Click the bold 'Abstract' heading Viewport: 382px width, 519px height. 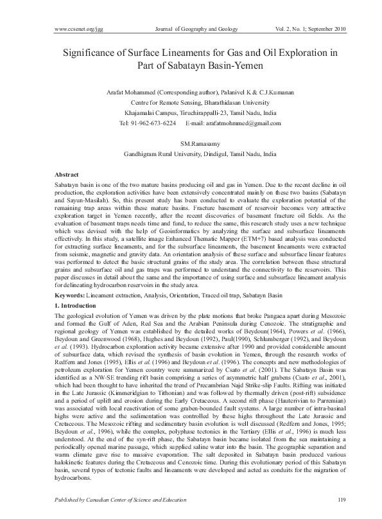pyautogui.click(x=67, y=175)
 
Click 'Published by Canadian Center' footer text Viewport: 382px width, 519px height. pyautogui.click(x=96, y=499)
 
